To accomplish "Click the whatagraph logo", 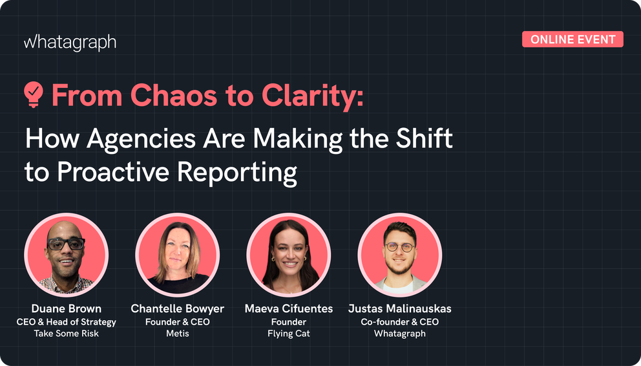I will pyautogui.click(x=70, y=43).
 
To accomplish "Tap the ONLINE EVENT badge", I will pyautogui.click(x=573, y=39).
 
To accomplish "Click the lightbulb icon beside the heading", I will pyautogui.click(x=34, y=95).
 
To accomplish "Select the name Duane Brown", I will pyautogui.click(x=66, y=308).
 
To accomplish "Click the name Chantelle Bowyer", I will pyautogui.click(x=177, y=308).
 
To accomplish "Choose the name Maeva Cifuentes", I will pyautogui.click(x=288, y=308).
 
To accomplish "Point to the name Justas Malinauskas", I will pyautogui.click(x=399, y=308).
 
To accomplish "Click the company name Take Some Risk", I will pyautogui.click(x=66, y=334).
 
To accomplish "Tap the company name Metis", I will pyautogui.click(x=177, y=334).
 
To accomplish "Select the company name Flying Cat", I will pyautogui.click(x=288, y=334).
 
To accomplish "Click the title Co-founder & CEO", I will pyautogui.click(x=399, y=321).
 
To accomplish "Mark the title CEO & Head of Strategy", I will pyautogui.click(x=66, y=321).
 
